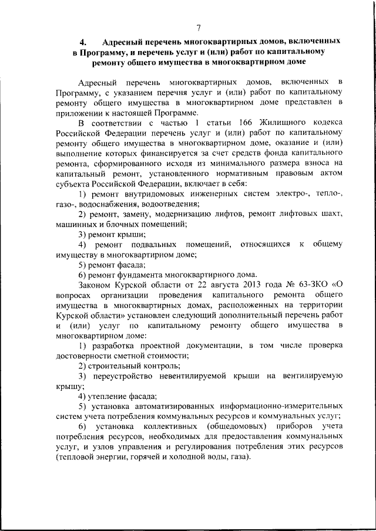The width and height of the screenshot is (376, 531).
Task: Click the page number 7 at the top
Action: [x=199, y=28]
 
